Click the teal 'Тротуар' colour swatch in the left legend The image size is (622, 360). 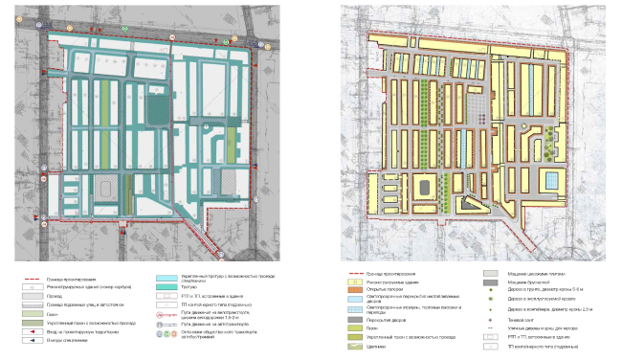[167, 285]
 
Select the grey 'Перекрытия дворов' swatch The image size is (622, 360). [356, 320]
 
